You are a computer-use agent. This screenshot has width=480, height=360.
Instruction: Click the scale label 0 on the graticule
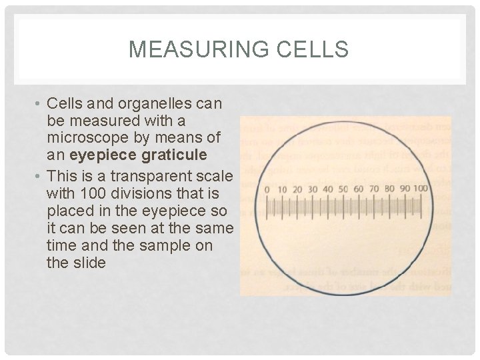pyautogui.click(x=267, y=190)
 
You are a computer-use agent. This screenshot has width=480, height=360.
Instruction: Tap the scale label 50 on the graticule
pyautogui.click(x=343, y=190)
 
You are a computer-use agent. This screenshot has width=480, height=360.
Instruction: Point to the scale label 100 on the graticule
pyautogui.click(x=421, y=190)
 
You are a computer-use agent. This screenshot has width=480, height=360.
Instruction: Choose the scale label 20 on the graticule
pyautogui.click(x=297, y=190)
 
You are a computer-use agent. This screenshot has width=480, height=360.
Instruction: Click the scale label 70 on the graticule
pyautogui.click(x=374, y=190)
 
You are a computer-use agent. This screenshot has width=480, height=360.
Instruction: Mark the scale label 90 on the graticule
pyautogui.click(x=405, y=190)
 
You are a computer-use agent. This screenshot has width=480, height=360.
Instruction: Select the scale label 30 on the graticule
pyautogui.click(x=313, y=190)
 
